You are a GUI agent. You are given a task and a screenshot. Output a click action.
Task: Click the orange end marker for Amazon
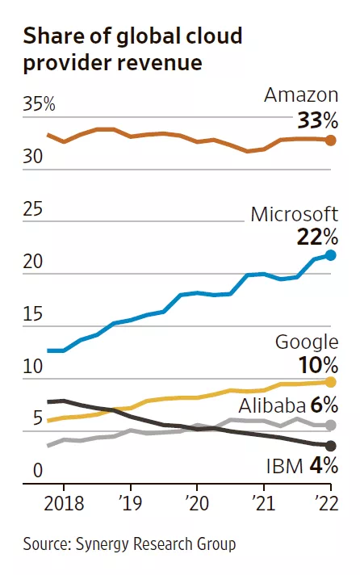331,140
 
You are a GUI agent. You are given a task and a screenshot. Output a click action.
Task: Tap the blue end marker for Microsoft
331,255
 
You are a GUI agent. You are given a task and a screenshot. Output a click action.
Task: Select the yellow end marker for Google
331,382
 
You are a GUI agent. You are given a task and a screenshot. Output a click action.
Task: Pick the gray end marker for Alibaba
331,426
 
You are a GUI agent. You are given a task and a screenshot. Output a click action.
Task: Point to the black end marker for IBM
331,446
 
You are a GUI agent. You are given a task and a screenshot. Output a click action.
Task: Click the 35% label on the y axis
39,104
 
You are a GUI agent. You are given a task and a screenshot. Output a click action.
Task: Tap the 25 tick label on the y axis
32,209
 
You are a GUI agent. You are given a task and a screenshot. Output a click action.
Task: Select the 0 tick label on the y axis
38,471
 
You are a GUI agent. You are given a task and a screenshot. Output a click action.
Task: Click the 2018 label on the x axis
64,503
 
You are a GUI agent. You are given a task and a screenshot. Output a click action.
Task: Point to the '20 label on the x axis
197,503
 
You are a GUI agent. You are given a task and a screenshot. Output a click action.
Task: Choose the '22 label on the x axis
328,503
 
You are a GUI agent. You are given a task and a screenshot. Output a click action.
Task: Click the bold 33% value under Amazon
317,120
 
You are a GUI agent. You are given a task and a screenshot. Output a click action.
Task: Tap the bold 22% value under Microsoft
317,237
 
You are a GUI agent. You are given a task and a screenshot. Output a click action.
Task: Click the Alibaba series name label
272,406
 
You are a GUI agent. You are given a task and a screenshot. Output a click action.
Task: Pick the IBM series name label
285,467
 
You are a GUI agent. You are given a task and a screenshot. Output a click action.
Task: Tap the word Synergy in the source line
102,544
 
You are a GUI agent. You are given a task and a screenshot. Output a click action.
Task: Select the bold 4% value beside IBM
324,466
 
